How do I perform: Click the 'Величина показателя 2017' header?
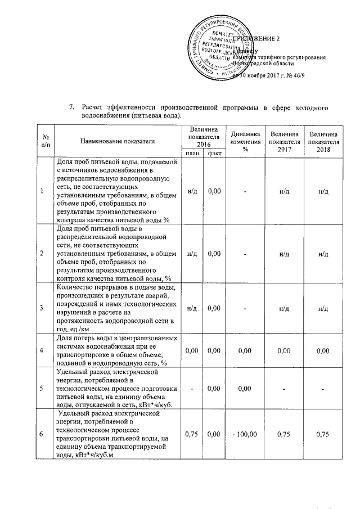pyautogui.click(x=284, y=141)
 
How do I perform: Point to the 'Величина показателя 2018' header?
pyautogui.click(x=323, y=141)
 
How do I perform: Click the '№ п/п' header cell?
pyautogui.click(x=44, y=141)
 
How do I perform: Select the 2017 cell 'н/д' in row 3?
pyautogui.click(x=284, y=308)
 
